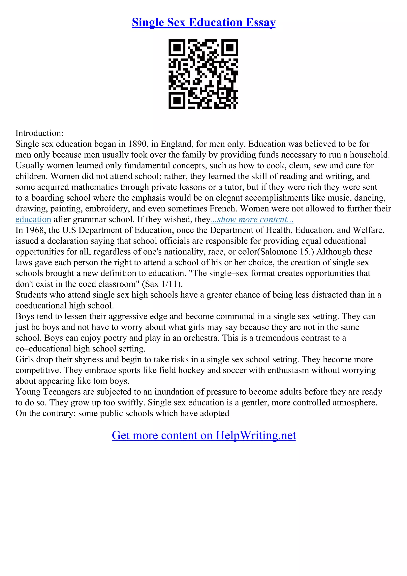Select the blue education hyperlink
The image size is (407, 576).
click(33, 219)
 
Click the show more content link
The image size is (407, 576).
click(252, 219)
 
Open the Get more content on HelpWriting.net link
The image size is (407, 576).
click(204, 435)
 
